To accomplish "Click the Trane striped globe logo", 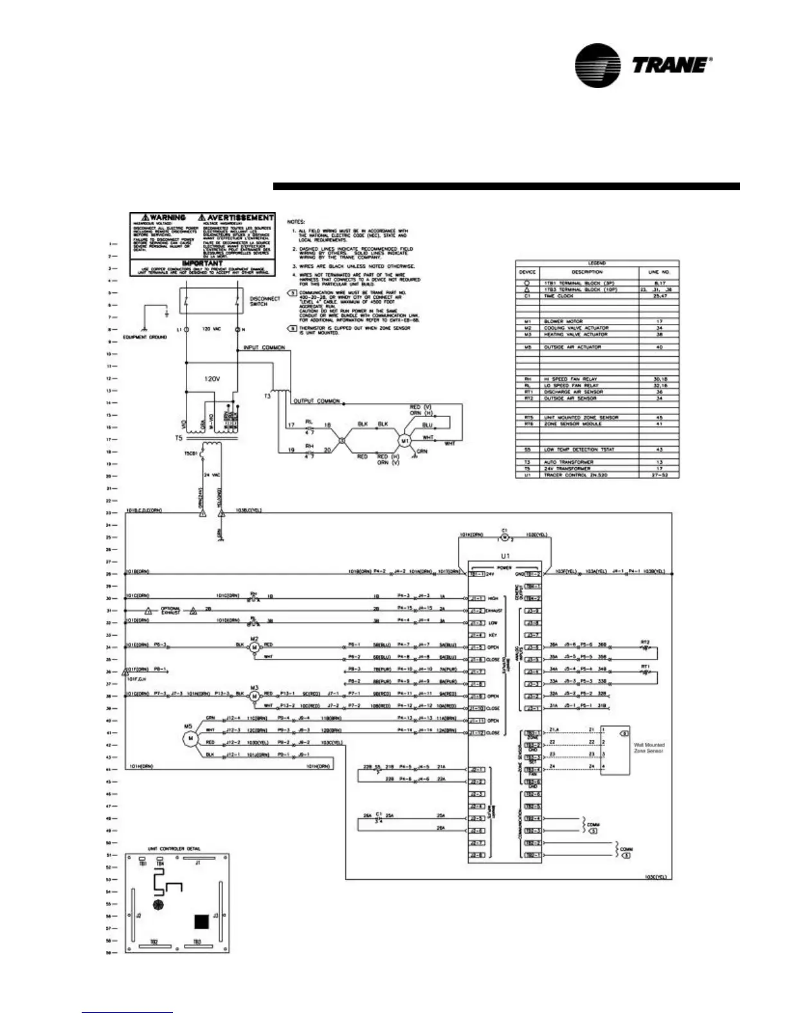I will click(x=598, y=66).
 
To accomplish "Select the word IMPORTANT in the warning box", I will click(x=202, y=263).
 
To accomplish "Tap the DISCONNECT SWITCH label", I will click(x=265, y=301).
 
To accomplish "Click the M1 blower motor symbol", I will click(x=405, y=441).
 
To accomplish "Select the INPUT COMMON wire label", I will click(x=264, y=348).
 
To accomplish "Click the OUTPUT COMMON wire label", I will click(x=316, y=401).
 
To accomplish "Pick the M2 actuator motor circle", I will click(x=253, y=647).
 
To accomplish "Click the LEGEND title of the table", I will click(x=597, y=263).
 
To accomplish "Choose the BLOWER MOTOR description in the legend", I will click(x=563, y=321).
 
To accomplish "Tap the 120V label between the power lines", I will click(x=212, y=379).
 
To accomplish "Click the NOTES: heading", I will click(x=296, y=222).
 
